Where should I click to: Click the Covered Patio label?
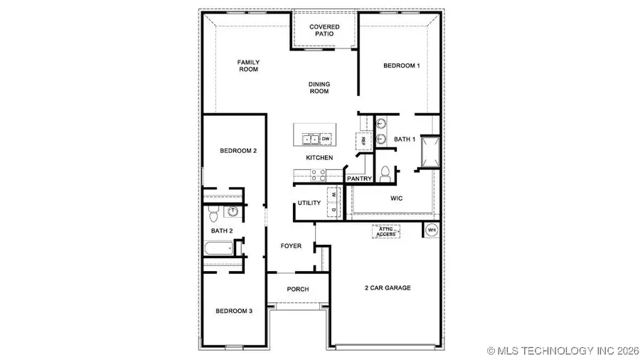point(324,31)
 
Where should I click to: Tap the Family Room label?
point(247,66)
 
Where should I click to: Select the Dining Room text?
point(319,88)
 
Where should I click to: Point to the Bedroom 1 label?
point(402,65)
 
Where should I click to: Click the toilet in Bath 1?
point(385,172)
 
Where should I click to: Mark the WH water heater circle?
point(431,230)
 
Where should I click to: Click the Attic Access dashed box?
point(386,231)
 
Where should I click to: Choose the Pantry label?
point(360,179)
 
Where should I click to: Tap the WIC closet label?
point(396,198)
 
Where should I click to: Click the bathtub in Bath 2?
point(218,250)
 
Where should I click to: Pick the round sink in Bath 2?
point(233,211)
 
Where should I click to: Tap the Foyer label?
point(291,246)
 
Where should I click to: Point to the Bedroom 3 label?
point(235,310)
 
